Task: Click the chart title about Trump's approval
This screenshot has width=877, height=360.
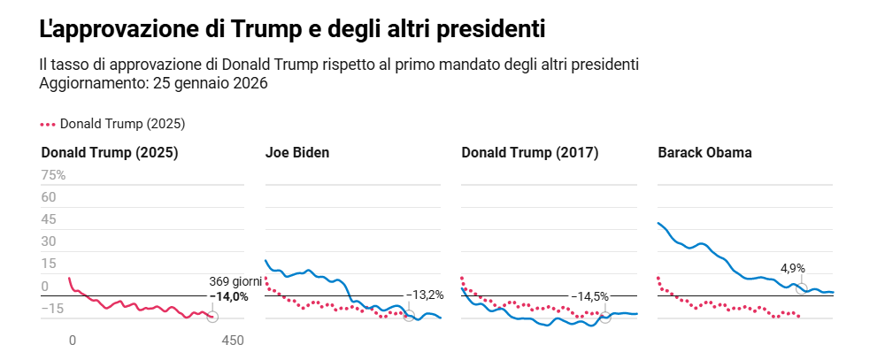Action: click(292, 28)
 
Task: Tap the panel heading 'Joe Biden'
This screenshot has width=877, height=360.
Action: click(297, 152)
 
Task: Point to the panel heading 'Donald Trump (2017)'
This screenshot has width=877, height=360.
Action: click(530, 152)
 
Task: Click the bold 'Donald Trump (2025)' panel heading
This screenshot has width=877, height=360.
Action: click(110, 152)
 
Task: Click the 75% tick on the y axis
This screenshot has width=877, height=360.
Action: click(53, 175)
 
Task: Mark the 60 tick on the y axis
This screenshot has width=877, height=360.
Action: click(49, 197)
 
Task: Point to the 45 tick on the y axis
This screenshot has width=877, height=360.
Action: click(49, 219)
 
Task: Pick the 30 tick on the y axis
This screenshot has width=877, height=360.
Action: click(49, 241)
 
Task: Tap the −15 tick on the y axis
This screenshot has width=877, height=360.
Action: click(52, 309)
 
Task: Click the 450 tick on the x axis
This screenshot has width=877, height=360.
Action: click(233, 341)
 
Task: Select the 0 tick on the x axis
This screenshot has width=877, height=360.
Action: click(73, 341)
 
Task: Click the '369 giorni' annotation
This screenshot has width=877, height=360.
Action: click(235, 282)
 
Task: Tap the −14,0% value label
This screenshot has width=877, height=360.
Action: click(228, 296)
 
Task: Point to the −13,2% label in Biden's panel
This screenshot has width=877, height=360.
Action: click(424, 295)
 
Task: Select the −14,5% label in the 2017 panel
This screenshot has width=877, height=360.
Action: click(589, 296)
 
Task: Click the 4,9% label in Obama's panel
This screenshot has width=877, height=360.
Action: click(792, 268)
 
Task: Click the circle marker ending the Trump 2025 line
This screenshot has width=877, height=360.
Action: click(212, 317)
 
